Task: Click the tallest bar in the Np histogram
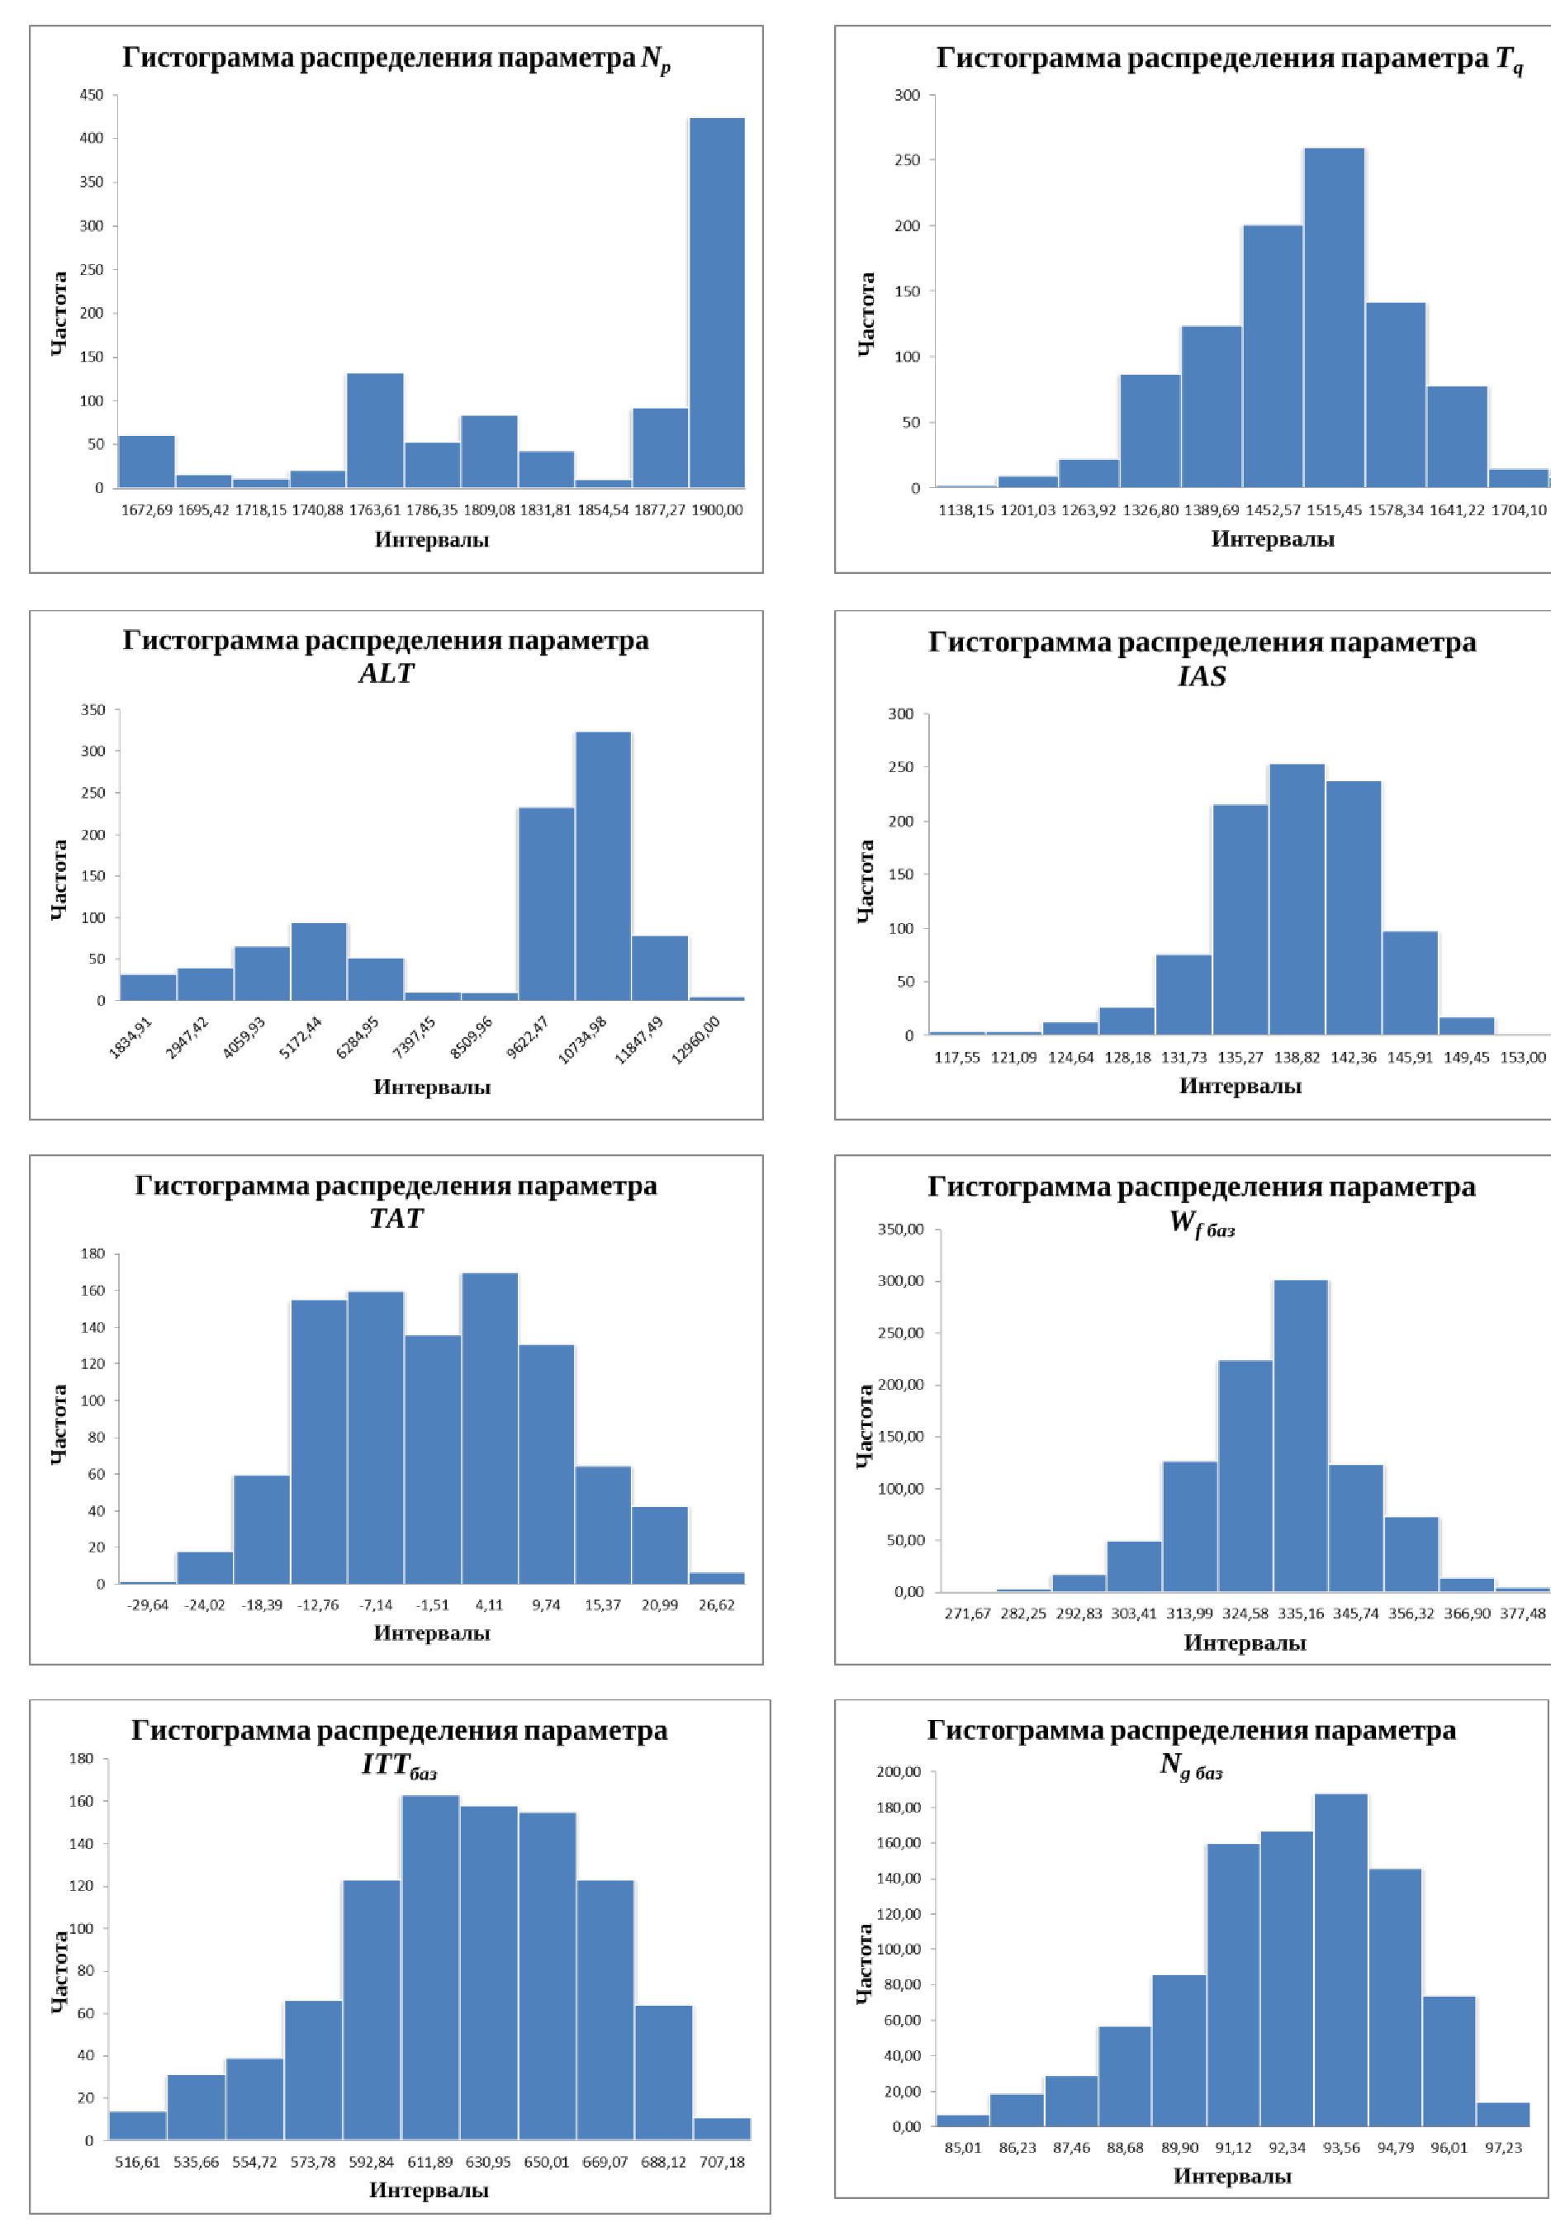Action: (717, 302)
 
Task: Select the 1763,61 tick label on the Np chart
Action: (375, 510)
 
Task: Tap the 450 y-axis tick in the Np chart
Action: (92, 95)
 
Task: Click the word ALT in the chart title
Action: (386, 672)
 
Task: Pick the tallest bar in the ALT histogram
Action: (604, 865)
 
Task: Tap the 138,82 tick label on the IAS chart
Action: (1297, 1057)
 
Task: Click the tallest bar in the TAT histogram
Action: (490, 1429)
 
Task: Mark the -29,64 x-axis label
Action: (148, 1605)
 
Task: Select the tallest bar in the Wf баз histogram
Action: (1300, 1435)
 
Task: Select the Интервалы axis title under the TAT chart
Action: (431, 1633)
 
